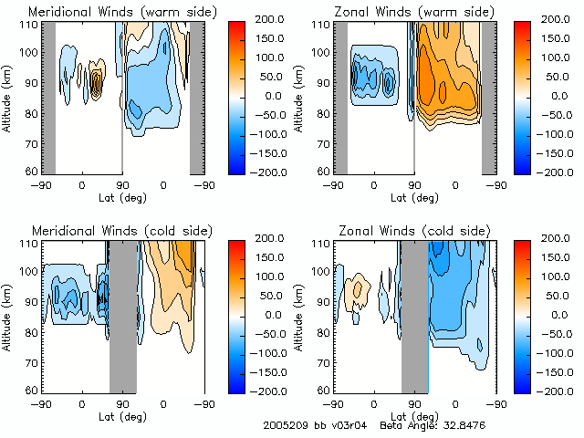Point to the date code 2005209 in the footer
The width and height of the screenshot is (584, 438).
[x=285, y=426]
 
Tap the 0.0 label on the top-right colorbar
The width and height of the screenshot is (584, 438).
[x=552, y=95]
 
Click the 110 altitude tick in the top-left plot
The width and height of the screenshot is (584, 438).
[x=30, y=24]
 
